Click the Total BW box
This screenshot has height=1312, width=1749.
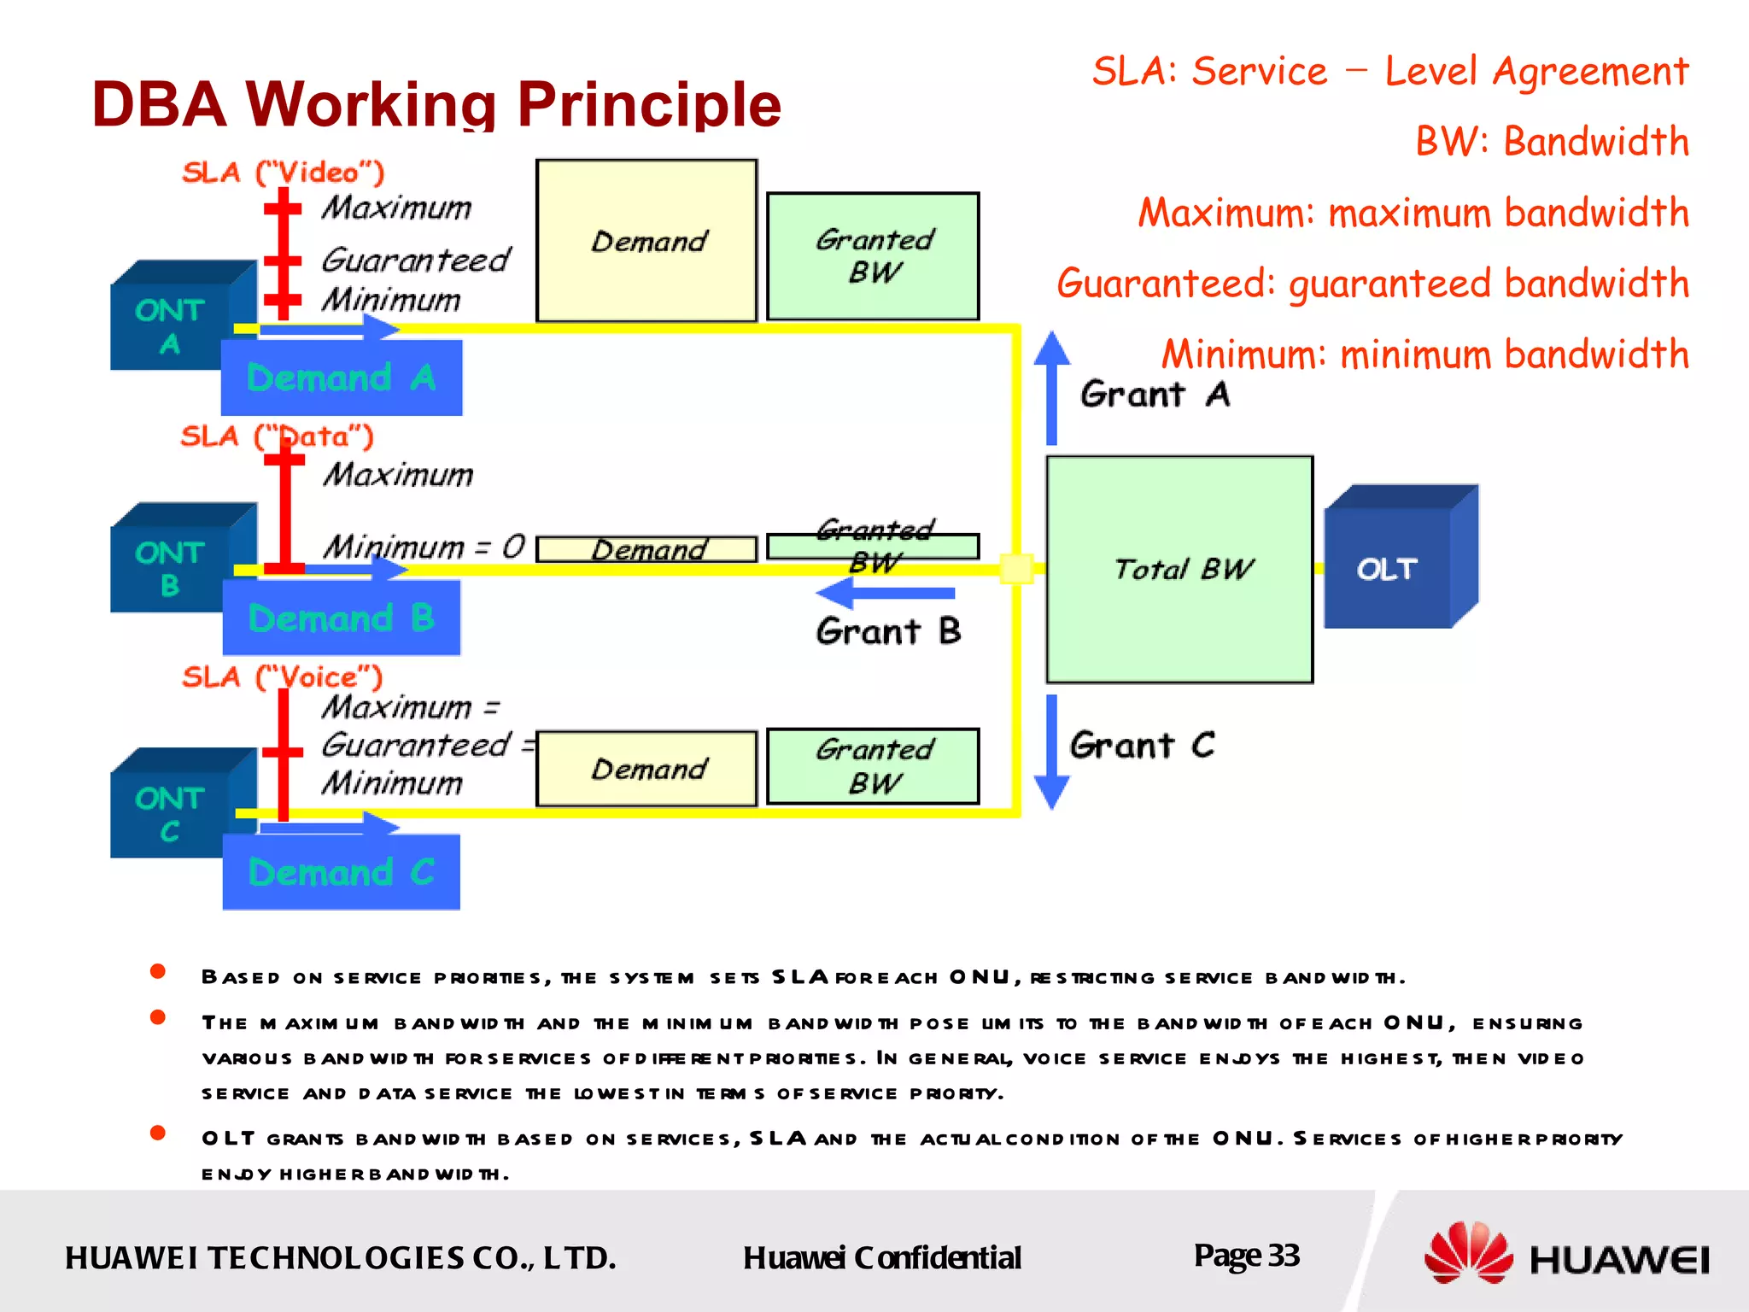(1179, 569)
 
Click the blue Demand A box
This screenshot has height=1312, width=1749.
(342, 378)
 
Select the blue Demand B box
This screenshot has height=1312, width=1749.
(342, 618)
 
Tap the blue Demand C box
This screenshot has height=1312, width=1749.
(342, 872)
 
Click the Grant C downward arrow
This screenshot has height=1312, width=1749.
(1051, 752)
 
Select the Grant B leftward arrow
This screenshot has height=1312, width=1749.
(885, 592)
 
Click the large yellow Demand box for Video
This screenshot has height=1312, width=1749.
(646, 241)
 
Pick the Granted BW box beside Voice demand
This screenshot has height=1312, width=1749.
(873, 766)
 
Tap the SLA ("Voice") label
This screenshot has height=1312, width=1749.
(283, 677)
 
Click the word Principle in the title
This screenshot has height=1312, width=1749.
(649, 104)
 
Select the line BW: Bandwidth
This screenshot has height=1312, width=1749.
(1552, 142)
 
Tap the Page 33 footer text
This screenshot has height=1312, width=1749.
(1246, 1256)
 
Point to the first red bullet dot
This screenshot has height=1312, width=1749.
(157, 971)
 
